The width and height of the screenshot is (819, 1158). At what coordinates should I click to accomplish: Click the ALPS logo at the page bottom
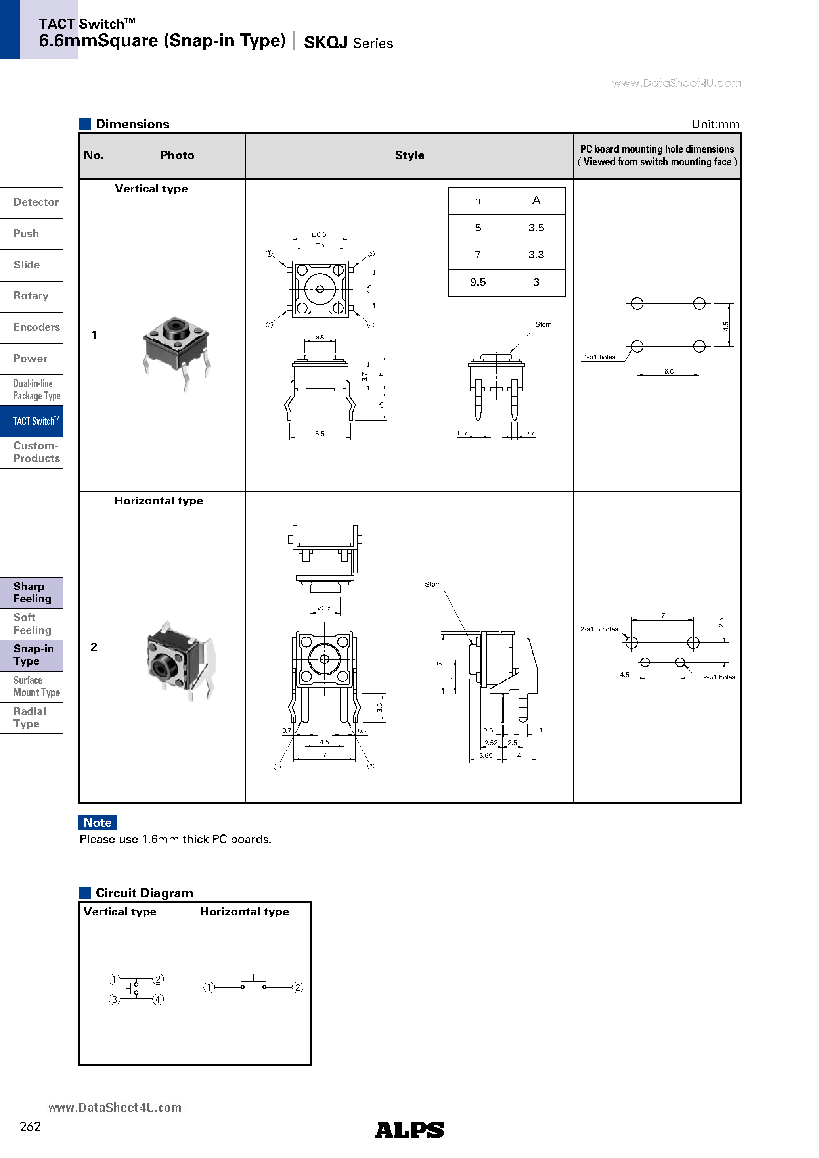(409, 1130)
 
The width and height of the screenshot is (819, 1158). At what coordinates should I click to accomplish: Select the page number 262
(30, 1127)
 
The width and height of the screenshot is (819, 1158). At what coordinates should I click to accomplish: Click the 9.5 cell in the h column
(478, 282)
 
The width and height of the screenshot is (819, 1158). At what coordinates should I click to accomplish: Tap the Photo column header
(177, 156)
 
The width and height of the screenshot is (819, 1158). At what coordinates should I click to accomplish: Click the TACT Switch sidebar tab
(35, 421)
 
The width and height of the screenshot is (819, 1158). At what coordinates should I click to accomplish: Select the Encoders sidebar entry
(36, 327)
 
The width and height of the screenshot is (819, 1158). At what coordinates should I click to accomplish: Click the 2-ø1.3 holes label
(599, 629)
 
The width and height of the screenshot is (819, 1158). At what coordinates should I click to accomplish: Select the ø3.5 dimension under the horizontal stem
(324, 608)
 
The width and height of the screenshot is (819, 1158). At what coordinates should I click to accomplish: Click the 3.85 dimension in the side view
(486, 755)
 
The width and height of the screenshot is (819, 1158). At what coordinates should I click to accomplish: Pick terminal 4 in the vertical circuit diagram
(158, 1000)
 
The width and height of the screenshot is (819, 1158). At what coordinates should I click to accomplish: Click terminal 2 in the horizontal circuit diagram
(298, 987)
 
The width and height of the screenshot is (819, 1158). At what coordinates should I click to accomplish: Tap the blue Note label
(98, 822)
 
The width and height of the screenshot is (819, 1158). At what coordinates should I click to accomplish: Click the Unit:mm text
(715, 125)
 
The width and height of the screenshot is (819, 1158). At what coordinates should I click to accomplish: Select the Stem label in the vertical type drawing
(543, 325)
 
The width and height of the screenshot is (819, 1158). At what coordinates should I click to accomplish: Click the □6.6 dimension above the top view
(319, 234)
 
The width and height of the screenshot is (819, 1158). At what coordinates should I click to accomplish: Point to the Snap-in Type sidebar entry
(33, 655)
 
